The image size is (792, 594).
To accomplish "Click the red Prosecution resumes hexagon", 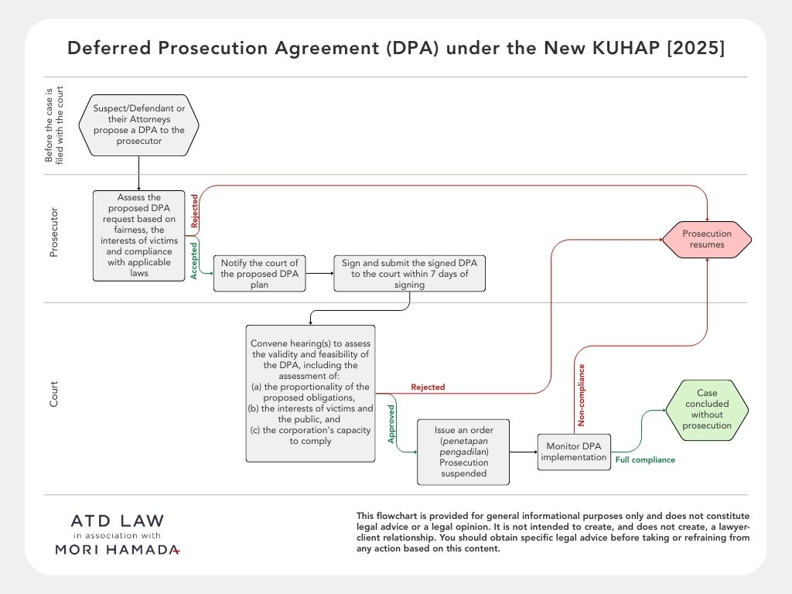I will point(707,239).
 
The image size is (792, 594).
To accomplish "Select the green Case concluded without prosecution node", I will point(707,409).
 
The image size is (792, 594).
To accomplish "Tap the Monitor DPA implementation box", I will point(575,452).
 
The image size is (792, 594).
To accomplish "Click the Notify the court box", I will point(259,274).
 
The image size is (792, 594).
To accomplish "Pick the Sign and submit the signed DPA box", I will point(409,274).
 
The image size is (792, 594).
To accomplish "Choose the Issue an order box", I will point(463,452).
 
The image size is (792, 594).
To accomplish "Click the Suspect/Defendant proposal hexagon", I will point(139,125).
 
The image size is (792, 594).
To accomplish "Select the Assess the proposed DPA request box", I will point(139,235).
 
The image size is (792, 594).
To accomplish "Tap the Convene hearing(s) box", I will point(311,393).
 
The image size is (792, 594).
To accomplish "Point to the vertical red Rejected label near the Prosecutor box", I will point(194,210).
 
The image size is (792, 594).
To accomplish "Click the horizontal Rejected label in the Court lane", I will point(428,387).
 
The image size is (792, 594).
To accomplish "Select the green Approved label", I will point(391,423).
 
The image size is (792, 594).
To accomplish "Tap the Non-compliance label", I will point(582,395).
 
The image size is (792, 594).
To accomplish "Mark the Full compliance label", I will point(645,460).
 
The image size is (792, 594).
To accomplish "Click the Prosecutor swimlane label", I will point(54,231).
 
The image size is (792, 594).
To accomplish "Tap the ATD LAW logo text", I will point(118,521).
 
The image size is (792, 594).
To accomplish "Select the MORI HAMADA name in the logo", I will point(118,549).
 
